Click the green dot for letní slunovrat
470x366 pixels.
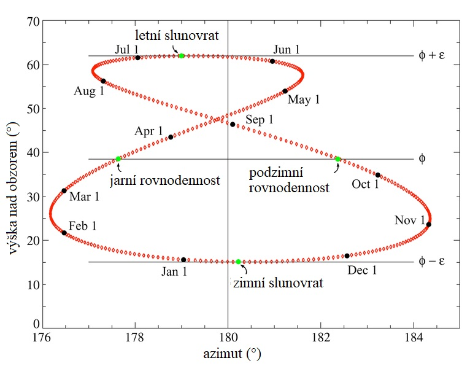pos(182,56)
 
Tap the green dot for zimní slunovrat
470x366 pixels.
pos(239,262)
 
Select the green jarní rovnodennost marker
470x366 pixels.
pos(118,159)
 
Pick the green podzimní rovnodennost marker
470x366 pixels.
pos(337,159)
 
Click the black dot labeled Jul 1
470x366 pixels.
pos(137,58)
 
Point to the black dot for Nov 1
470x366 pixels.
pos(428,224)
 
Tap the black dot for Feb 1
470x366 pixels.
pos(64,233)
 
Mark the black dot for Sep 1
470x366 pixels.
pos(233,125)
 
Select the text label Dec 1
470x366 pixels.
pos(361,269)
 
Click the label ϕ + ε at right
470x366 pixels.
pos(431,55)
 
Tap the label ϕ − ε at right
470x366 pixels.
pos(431,262)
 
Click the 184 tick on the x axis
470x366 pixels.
pos(414,338)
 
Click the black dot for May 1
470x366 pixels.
pos(285,91)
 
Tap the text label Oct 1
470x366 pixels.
pos(366,184)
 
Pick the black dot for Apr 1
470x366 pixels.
pos(171,137)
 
